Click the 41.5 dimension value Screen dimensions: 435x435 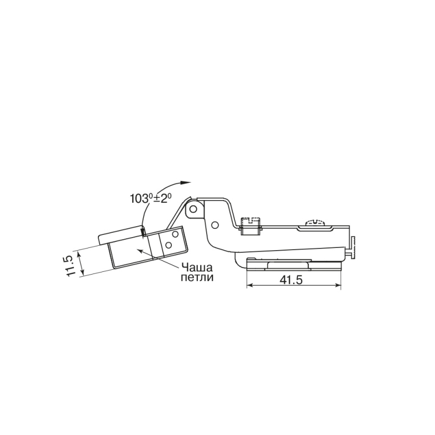[291, 280]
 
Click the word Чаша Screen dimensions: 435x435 [197, 268]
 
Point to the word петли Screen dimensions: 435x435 [197, 277]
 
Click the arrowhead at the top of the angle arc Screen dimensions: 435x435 [186, 182]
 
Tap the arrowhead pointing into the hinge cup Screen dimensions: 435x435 [141, 251]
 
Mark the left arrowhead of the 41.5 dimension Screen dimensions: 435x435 [250, 285]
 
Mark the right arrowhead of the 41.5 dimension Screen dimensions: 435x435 [338, 285]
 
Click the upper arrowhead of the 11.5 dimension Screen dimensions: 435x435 [80, 253]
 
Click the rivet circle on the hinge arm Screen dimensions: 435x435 [214, 225]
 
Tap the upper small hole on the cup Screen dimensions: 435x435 [175, 234]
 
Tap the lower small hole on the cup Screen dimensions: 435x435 [168, 245]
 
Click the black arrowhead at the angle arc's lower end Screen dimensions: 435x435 [143, 232]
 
